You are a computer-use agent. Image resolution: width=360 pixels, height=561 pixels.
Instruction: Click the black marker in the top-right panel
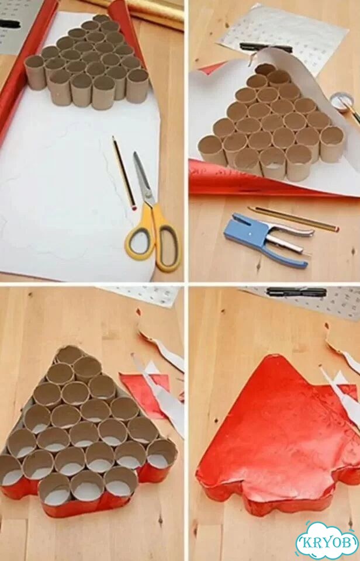(265, 47)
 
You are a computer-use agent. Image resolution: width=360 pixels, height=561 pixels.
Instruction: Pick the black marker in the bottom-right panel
(297, 292)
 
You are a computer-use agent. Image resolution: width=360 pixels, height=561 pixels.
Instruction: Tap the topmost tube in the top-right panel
(265, 70)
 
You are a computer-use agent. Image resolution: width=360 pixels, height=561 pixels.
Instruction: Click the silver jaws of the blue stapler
(290, 236)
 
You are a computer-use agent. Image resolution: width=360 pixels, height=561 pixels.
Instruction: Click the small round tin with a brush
(342, 103)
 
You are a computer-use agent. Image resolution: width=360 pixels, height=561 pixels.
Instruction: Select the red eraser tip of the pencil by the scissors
(134, 207)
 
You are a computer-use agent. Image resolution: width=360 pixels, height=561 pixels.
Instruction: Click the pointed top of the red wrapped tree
(278, 356)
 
